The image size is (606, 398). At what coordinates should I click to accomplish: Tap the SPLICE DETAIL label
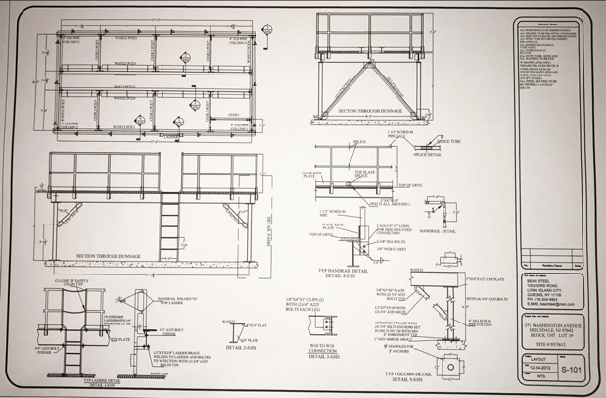point(427,154)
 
